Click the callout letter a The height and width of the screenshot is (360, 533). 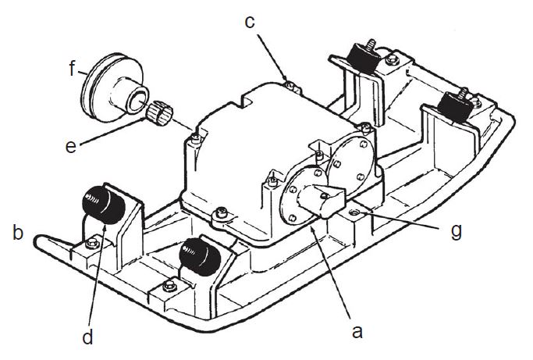click(357, 331)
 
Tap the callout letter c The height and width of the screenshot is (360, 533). click(250, 21)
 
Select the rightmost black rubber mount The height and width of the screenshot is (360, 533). click(453, 105)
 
